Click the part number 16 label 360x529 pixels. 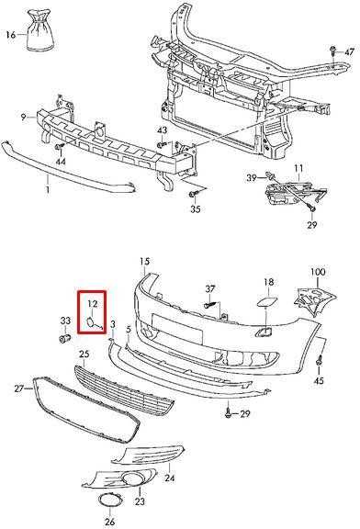[x=10, y=34]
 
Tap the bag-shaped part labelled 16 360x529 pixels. [x=39, y=30]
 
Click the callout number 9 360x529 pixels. [x=23, y=117]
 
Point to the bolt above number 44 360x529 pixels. [x=60, y=147]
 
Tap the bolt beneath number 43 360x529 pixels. [x=162, y=145]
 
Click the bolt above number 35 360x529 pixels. [x=195, y=194]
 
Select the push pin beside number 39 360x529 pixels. [x=270, y=175]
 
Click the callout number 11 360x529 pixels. [x=298, y=168]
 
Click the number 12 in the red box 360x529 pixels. [x=93, y=304]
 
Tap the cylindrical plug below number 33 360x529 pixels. [x=64, y=338]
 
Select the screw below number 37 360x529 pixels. [x=210, y=304]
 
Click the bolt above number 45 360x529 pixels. [x=320, y=361]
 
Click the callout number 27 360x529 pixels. [x=19, y=388]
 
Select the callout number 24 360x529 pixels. [x=170, y=478]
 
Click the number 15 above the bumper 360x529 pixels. [x=144, y=261]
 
